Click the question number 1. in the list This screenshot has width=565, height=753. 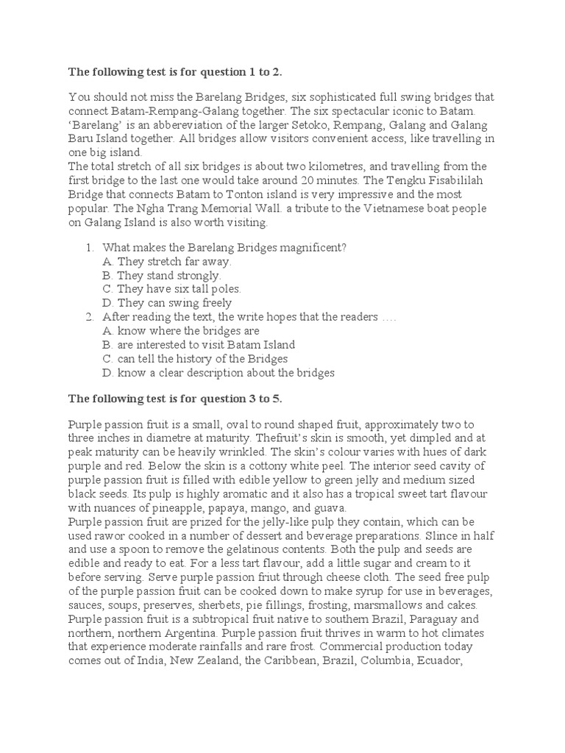point(90,247)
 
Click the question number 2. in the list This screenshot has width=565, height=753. point(90,317)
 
